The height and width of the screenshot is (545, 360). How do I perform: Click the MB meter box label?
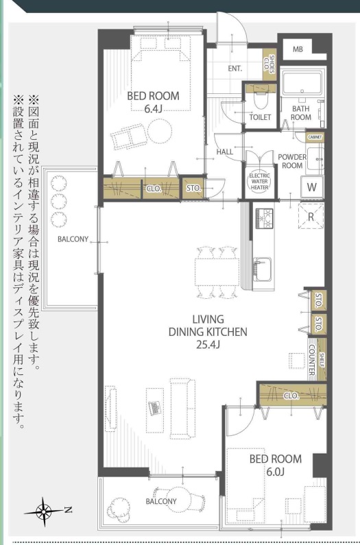tap(298, 49)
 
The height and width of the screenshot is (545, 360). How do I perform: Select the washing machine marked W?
tap(311, 187)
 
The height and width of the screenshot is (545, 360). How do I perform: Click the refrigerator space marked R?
tap(311, 217)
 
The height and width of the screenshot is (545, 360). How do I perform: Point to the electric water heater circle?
tap(259, 181)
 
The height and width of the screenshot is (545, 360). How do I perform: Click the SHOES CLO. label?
tap(269, 64)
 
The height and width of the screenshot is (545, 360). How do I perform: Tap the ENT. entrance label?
tap(235, 69)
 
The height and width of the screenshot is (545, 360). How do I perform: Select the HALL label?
tap(225, 152)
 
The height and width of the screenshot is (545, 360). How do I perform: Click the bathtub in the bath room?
tap(302, 83)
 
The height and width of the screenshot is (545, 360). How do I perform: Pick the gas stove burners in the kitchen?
tap(265, 218)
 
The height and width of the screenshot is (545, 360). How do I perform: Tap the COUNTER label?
tap(311, 360)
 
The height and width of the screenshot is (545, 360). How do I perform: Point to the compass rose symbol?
tap(45, 511)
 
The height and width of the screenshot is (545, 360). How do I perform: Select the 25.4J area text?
tap(208, 344)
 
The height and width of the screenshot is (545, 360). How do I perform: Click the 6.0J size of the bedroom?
tap(276, 472)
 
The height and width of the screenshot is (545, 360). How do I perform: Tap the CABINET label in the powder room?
tap(315, 137)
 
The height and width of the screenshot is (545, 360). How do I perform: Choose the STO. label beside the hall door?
tap(193, 189)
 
